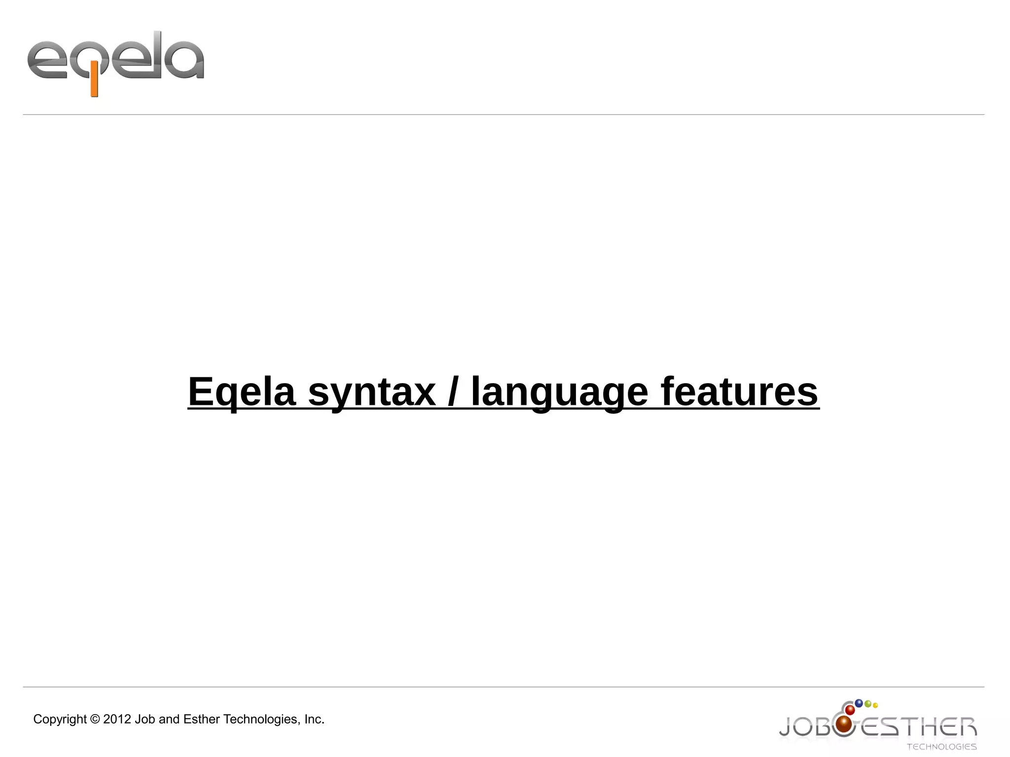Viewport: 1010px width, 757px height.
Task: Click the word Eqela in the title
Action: coord(242,392)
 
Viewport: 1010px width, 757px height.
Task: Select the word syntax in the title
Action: coord(372,392)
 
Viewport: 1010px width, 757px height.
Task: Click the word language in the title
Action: coord(559,392)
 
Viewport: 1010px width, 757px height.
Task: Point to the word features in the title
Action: coord(739,392)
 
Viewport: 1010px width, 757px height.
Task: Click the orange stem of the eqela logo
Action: coord(94,82)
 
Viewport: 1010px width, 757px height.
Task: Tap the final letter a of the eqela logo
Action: coord(183,61)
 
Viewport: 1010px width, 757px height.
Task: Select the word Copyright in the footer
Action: coord(60,720)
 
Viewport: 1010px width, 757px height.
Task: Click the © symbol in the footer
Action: coord(95,720)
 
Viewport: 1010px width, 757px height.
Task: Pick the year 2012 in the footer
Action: coord(117,720)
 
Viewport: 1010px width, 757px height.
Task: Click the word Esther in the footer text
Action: coord(202,720)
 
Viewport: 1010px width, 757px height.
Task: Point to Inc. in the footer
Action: coord(314,720)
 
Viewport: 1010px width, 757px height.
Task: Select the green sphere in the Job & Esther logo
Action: coord(868,704)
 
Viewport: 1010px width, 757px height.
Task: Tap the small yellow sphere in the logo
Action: coord(875,706)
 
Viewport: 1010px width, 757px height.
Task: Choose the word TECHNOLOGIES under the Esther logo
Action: coord(941,747)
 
